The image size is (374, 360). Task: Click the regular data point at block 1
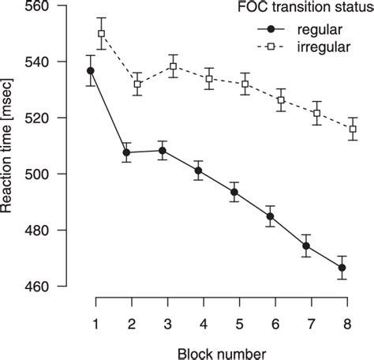point(91,70)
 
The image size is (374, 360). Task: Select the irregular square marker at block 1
point(101,33)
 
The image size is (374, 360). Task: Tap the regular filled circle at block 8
point(342,268)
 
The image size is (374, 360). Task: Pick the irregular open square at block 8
point(352,129)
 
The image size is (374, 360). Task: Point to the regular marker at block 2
point(126,152)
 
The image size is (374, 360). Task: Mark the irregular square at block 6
point(280,100)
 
